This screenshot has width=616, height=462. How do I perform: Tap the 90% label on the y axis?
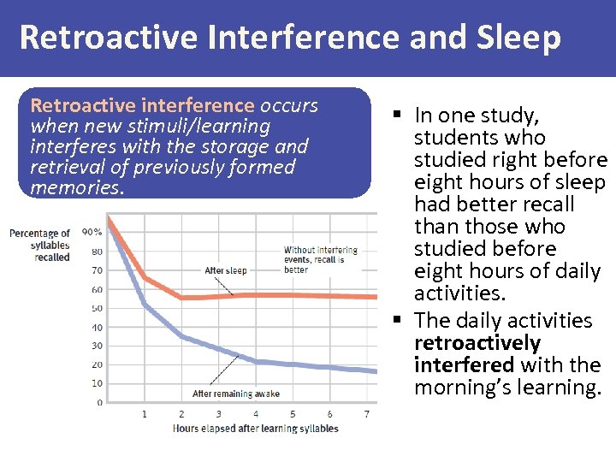click(92, 232)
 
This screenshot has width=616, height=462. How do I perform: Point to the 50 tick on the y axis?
click(98, 308)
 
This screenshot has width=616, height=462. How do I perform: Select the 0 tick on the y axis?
click(100, 402)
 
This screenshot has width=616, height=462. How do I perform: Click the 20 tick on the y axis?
click(98, 364)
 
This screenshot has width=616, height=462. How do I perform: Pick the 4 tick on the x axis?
click(256, 414)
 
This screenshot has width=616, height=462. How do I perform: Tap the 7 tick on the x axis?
click(366, 414)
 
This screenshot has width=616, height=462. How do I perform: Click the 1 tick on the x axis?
click(144, 414)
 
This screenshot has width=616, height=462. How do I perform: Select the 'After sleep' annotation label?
click(225, 271)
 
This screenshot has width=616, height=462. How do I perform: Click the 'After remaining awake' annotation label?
click(236, 394)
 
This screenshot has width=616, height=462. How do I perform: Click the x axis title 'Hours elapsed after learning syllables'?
click(255, 429)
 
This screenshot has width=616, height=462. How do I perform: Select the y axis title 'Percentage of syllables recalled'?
click(39, 245)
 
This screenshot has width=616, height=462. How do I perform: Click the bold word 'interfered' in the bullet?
click(464, 365)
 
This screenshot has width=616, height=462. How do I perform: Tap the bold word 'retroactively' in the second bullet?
click(477, 343)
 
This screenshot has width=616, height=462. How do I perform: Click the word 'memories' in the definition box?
click(75, 187)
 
